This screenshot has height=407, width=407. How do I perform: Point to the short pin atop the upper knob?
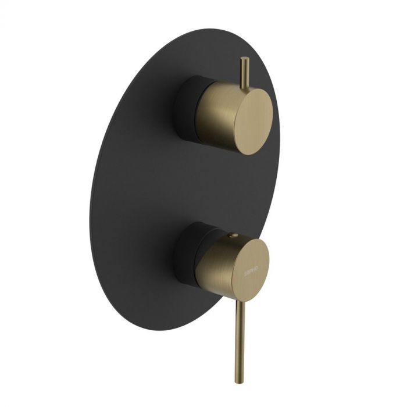[x=244, y=73]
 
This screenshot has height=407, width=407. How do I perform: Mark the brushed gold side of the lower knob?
[x=214, y=265]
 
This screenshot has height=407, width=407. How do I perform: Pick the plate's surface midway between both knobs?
[x=192, y=180]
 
